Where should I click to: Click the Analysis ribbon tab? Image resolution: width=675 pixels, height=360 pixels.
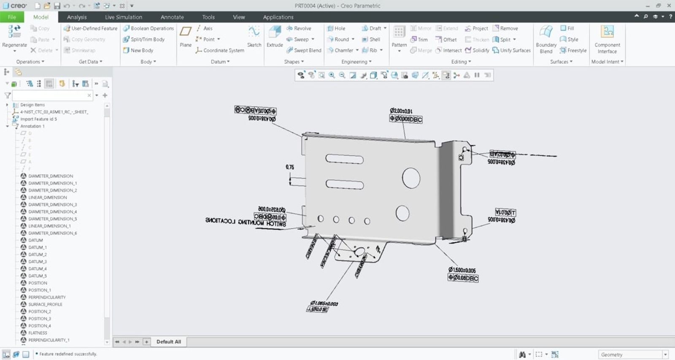point(76,17)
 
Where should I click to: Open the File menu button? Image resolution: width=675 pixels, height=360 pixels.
point(12,17)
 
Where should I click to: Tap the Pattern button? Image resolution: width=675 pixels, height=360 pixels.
point(399,37)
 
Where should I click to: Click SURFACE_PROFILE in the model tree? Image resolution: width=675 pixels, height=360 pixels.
point(45,304)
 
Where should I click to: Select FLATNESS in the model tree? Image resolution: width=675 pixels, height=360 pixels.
point(38,333)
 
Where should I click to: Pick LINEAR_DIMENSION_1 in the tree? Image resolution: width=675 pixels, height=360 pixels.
point(49,226)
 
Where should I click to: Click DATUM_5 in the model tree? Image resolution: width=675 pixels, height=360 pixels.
point(38,276)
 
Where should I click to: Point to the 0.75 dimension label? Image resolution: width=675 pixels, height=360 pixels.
point(290,167)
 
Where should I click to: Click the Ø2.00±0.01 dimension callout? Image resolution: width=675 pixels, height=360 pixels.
point(401,111)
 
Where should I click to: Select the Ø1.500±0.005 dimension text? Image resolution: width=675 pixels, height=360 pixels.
point(462,270)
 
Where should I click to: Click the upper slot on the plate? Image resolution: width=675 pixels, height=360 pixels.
point(344,159)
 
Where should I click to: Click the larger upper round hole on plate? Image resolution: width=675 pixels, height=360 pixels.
point(411,178)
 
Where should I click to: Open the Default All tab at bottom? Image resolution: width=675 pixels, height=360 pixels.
point(168,342)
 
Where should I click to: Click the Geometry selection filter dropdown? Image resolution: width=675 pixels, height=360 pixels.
point(633,355)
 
